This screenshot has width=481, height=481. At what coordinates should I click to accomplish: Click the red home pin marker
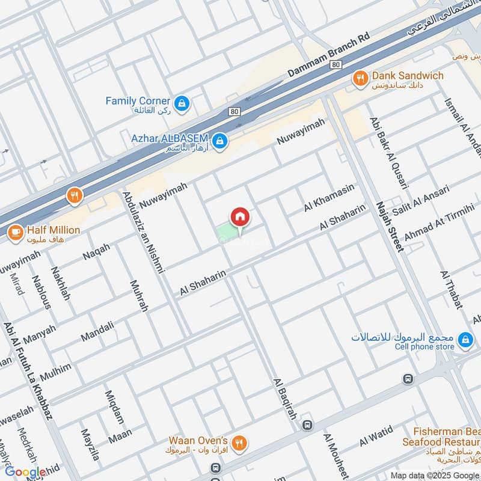pos(240,218)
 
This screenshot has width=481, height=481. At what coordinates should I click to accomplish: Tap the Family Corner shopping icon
pos(183,103)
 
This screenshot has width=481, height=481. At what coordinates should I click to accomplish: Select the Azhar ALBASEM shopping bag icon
pos(221,141)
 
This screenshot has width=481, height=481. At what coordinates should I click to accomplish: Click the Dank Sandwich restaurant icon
pos(360,78)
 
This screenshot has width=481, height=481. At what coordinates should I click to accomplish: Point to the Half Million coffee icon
pos(15,231)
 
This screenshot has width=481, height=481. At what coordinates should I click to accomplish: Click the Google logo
pos(25,473)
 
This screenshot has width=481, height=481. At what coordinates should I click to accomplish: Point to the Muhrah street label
pos(139,295)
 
